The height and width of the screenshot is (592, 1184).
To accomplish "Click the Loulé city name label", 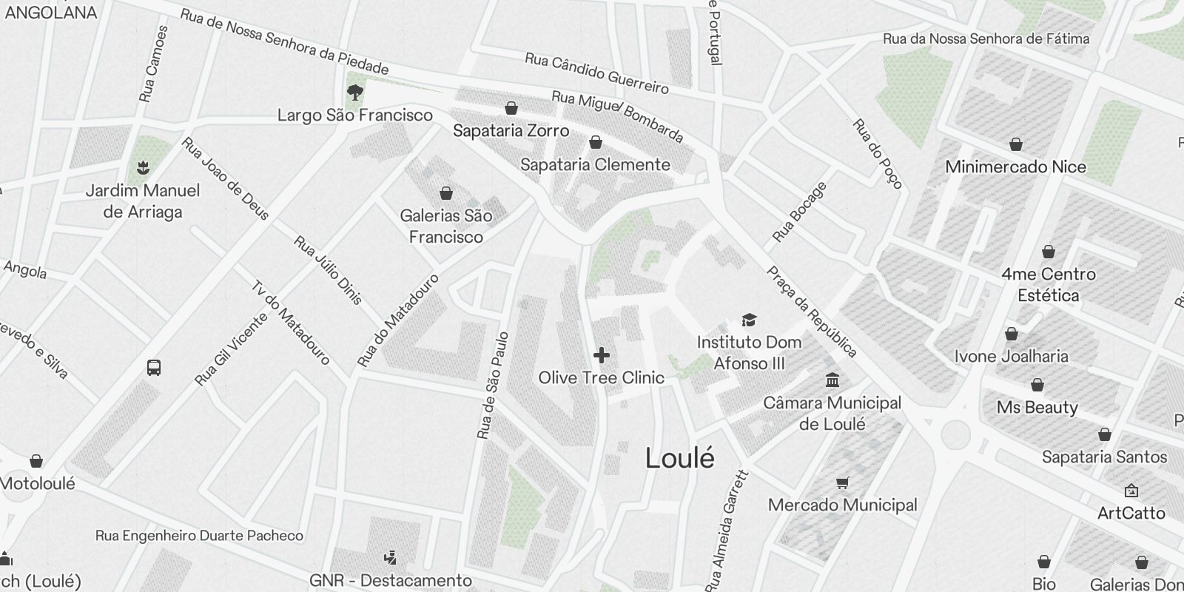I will coord(680,458).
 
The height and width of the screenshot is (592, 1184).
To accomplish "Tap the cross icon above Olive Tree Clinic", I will coord(602,355).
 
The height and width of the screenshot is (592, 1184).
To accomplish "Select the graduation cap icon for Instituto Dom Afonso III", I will coord(749,320).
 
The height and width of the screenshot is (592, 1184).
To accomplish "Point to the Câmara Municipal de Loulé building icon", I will coord(832,380).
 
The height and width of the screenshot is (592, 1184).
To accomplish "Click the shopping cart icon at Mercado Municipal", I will coord(842,483).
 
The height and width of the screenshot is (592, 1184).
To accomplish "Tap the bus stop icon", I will coord(154,368).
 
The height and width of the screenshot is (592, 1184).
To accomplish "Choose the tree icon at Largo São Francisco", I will coord(355,92).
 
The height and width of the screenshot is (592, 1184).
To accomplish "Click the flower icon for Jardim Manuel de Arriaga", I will coord(143,168).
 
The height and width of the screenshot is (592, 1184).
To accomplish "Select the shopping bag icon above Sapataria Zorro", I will coord(511,109).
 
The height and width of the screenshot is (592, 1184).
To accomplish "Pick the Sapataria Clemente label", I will coord(595,164).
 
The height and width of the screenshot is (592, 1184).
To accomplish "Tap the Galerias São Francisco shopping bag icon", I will coord(446,194).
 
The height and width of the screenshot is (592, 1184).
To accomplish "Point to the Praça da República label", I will coord(812,312).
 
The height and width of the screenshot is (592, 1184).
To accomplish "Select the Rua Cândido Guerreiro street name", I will coord(596,73).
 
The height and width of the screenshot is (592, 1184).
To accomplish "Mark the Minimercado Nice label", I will coord(1015,166).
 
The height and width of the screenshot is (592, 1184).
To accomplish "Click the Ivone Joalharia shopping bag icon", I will coord(1011,334).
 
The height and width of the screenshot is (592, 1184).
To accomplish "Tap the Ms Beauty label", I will coord(1037,407).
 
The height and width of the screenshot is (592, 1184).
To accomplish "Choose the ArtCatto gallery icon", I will coord(1131,491).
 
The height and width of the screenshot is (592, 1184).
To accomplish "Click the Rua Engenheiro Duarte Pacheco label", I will coord(199,535).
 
